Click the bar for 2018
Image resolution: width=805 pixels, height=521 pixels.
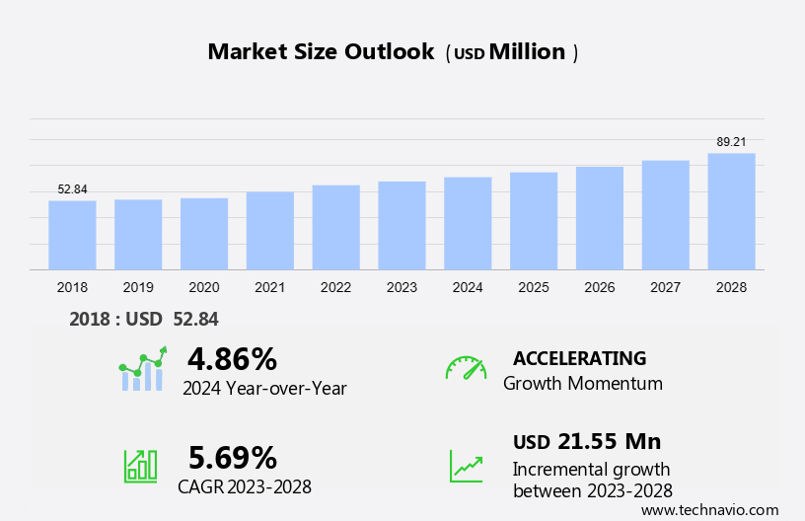tap(72, 235)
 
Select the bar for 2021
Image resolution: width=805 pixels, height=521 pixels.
tap(269, 230)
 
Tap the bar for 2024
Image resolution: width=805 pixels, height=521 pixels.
tap(468, 223)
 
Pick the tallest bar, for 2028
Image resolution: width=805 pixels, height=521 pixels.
tap(731, 211)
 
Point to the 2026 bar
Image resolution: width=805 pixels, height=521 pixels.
tap(600, 218)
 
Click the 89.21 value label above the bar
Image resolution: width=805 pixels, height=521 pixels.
tap(731, 142)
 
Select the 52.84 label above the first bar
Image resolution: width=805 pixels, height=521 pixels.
tap(72, 189)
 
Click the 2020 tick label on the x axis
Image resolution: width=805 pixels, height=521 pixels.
tap(203, 287)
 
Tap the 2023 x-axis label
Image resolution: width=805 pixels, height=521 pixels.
tap(402, 287)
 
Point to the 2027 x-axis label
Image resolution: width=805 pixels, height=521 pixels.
tap(665, 287)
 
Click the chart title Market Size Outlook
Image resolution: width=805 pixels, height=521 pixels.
tap(321, 52)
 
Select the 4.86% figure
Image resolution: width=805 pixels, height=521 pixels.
tap(232, 358)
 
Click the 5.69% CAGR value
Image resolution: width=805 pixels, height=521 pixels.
tap(233, 457)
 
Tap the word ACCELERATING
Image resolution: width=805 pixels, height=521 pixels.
tap(579, 358)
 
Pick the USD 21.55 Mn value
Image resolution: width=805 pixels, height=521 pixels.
tap(587, 441)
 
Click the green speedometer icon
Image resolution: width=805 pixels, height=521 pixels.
tap(466, 368)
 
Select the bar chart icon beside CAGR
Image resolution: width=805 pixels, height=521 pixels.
tap(140, 466)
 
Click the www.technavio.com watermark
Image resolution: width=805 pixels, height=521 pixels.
tap(709, 510)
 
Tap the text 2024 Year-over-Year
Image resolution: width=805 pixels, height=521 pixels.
tap(264, 388)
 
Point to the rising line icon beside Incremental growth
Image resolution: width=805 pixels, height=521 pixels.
tap(466, 466)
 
